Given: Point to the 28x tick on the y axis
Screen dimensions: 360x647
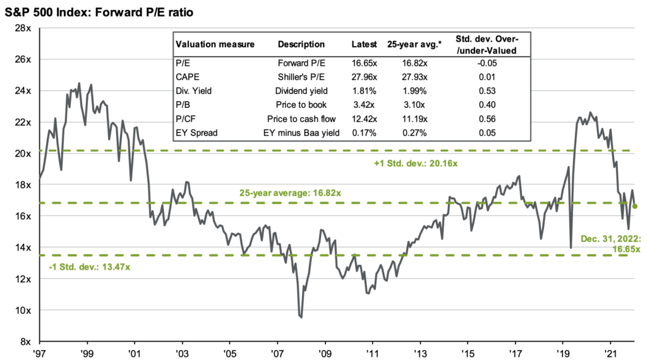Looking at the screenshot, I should coord(23,28).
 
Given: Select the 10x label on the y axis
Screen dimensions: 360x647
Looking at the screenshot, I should coord(23,310).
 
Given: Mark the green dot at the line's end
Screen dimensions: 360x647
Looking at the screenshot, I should coord(634,206).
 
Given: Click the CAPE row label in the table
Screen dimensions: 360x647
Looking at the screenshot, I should coord(187,77).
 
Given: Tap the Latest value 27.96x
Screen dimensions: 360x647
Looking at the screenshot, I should coord(363,77).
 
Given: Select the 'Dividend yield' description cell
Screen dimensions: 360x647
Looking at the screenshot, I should coord(301,91).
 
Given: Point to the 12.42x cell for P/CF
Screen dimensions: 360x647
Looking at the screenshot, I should coord(363,119).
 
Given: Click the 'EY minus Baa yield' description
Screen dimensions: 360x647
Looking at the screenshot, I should coord(301,133).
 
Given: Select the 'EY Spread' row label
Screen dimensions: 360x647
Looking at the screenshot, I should coord(195,133).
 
